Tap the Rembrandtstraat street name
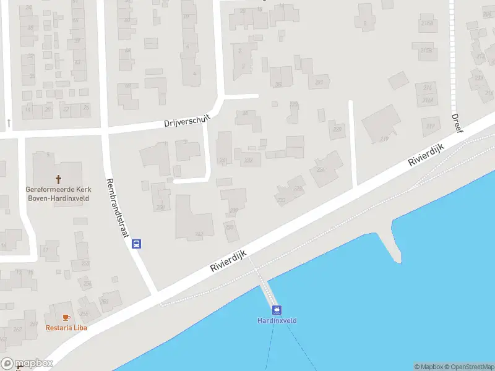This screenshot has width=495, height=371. click(x=121, y=199)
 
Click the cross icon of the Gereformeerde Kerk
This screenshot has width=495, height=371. click(x=59, y=179)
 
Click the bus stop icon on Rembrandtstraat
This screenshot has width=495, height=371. click(x=137, y=244)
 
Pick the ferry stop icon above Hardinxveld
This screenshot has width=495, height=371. click(x=277, y=310)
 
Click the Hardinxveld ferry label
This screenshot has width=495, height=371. click(x=277, y=320)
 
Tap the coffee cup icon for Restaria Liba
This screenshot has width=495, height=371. click(x=66, y=317)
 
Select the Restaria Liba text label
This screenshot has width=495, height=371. click(x=66, y=328)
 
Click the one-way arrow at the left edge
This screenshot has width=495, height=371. click(x=9, y=123)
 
